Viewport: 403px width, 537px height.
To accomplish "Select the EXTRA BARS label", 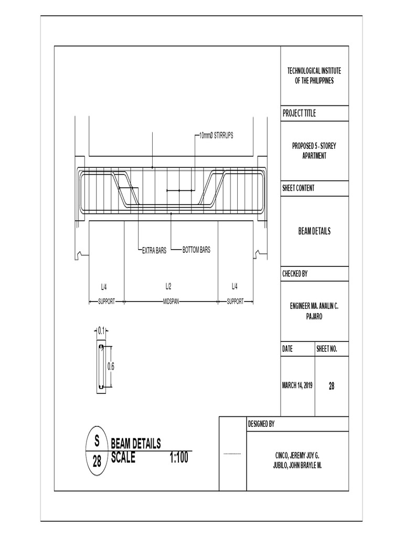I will (x=154, y=251).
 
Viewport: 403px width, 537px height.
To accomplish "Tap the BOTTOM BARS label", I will (x=196, y=250).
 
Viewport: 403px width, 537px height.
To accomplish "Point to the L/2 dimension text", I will (x=168, y=286).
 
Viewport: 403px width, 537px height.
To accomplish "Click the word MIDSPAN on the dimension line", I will (x=171, y=302).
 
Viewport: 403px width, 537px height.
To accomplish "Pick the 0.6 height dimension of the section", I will (x=111, y=367).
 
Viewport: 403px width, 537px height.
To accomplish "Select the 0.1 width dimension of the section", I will (x=101, y=330).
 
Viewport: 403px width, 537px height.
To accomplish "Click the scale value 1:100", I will (x=179, y=458).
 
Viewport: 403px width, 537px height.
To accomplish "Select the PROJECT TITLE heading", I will (x=299, y=113).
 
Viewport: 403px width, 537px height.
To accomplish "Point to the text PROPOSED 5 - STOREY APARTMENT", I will (x=314, y=151).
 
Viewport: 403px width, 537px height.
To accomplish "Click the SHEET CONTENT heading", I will (x=299, y=188).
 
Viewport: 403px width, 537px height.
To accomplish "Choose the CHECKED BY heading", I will (x=295, y=274).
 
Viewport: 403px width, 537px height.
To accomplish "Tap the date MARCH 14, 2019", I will (x=297, y=385).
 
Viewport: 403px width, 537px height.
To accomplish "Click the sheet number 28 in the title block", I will (x=332, y=386).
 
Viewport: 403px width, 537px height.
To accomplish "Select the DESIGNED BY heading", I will (x=260, y=424).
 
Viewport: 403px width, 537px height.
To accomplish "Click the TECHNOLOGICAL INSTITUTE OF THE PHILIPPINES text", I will (x=314, y=76).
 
